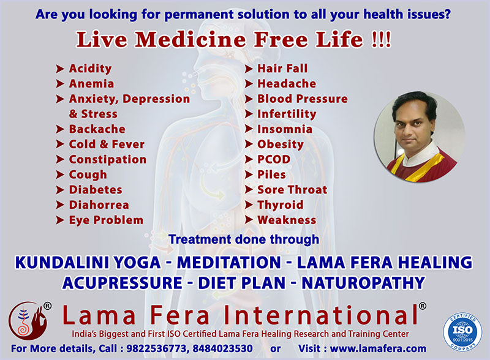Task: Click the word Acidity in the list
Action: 90,69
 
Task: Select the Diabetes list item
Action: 96,190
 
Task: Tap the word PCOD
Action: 274,159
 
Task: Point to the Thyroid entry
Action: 281,205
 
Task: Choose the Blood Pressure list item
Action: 303,99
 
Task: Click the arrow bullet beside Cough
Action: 60,174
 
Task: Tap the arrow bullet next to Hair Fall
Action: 249,69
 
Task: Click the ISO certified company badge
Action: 462,332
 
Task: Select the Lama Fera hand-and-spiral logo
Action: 28,321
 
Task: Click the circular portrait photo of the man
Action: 420,137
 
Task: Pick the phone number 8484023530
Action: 222,348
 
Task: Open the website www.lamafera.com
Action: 378,348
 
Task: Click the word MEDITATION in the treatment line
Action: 229,263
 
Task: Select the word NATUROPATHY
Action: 363,283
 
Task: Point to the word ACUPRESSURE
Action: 122,283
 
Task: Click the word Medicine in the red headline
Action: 190,40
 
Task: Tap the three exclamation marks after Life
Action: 381,40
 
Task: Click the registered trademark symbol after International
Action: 422,306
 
